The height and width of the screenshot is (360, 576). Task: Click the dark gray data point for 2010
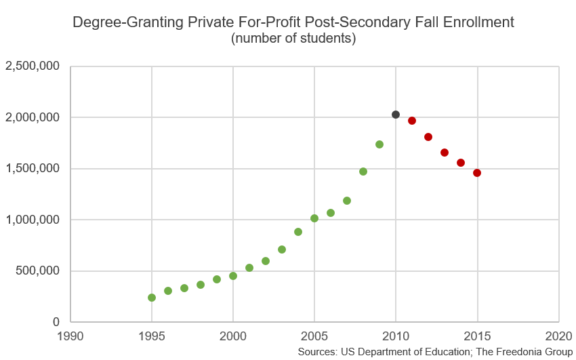396,115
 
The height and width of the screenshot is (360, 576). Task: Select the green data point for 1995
152,298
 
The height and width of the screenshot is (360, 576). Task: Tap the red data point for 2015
477,173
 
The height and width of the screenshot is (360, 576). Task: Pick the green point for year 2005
314,218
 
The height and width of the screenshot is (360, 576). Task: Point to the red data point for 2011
412,121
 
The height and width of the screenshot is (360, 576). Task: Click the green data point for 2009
379,144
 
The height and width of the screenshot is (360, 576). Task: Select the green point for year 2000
233,276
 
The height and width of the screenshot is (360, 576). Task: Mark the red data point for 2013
445,153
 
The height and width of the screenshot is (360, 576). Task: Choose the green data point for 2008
363,172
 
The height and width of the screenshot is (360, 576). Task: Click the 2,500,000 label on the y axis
33,66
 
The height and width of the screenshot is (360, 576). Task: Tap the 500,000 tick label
38,271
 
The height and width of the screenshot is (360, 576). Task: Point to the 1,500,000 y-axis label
33,169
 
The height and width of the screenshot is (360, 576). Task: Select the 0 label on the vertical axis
57,322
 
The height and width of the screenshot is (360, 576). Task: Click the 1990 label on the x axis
70,336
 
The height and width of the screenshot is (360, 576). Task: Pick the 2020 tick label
558,336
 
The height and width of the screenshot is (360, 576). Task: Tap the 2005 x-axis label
314,336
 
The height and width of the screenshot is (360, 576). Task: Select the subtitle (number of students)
293,39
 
